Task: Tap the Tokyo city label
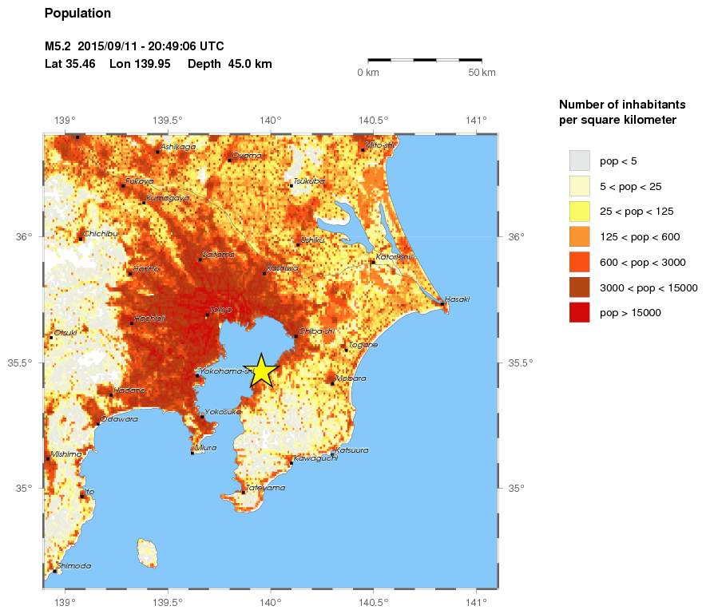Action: point(220,309)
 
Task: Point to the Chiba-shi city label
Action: point(316,331)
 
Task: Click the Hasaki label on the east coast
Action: point(457,299)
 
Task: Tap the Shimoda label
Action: point(75,565)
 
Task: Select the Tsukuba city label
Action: point(309,181)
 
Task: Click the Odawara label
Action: point(119,419)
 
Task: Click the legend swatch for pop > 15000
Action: point(579,313)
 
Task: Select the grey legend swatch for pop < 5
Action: point(579,160)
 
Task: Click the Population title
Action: point(77,14)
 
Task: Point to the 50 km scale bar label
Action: point(482,73)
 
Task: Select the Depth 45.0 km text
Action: point(230,64)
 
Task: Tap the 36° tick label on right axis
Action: point(518,236)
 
